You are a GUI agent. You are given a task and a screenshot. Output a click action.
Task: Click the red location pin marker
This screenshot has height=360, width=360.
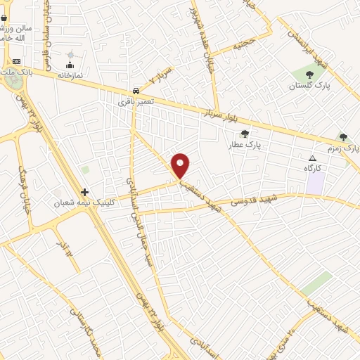(181, 165)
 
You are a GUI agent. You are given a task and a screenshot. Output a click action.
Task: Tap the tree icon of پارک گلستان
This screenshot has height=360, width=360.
(310, 75)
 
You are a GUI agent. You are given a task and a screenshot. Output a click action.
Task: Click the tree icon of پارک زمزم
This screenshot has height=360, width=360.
(343, 137)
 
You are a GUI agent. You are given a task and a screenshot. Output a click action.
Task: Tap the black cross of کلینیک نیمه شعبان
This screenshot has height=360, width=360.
(85, 191)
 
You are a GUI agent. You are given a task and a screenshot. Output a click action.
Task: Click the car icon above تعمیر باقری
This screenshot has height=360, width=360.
(135, 91)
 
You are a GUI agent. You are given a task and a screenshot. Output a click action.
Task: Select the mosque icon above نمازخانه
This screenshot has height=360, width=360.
(70, 65)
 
